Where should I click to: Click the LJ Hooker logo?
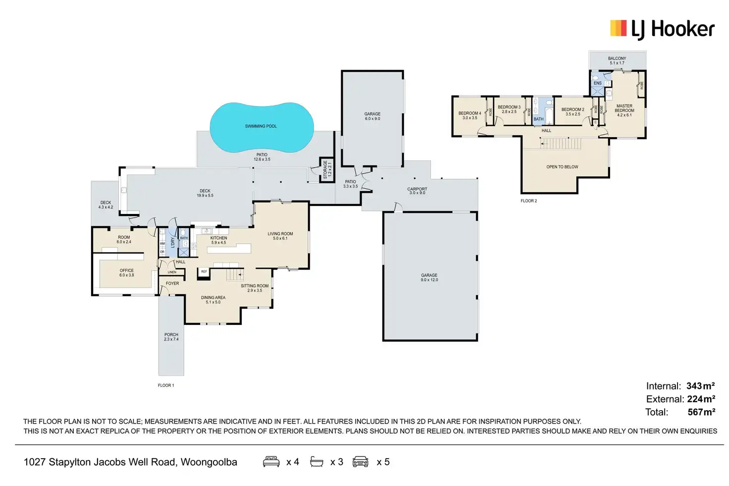[x=662, y=29]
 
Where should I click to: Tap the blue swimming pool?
[x=261, y=127]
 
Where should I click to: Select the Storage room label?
[x=327, y=170]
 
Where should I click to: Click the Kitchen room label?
[x=218, y=240]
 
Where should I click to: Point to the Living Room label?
[x=280, y=236]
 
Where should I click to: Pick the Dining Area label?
[x=213, y=300]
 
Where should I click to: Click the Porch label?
[x=171, y=337]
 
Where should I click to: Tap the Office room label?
[x=126, y=272]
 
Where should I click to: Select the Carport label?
[x=417, y=191]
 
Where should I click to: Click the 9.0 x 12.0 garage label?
[x=429, y=277]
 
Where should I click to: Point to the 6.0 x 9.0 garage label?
[x=372, y=116]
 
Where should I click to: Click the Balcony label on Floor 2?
[x=617, y=60]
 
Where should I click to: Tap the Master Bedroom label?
[x=624, y=110]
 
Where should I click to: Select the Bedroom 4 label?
[x=469, y=115]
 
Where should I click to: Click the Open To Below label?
[x=562, y=167]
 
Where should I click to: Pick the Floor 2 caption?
[x=528, y=201]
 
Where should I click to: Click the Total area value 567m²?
[x=701, y=412]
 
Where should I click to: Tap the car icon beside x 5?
[x=360, y=462]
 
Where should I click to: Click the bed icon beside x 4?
[x=271, y=462]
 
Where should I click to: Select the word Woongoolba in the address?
[x=208, y=462]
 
